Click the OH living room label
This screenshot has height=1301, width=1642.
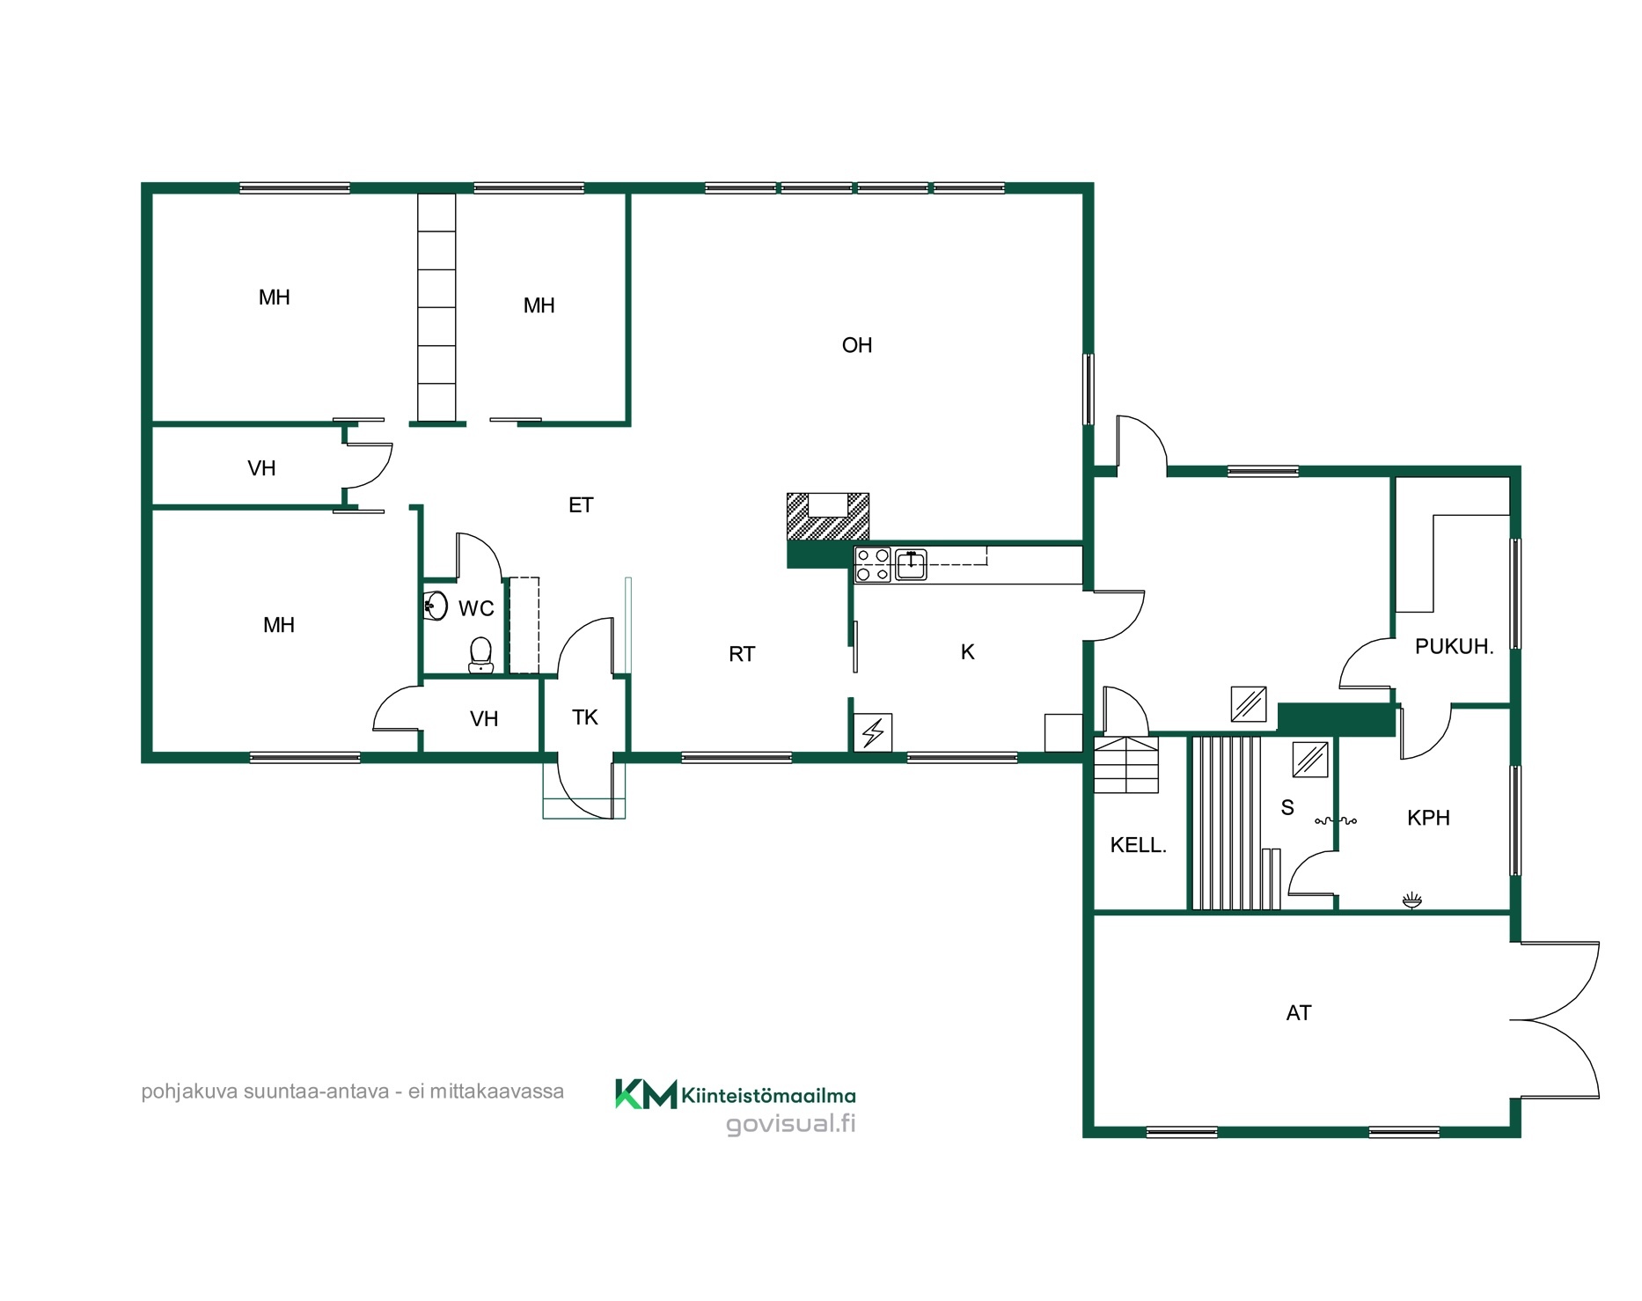pyautogui.click(x=857, y=345)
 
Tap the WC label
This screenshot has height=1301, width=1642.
pyautogui.click(x=476, y=608)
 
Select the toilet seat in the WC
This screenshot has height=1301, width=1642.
pyautogui.click(x=480, y=654)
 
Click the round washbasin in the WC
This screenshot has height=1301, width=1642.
pyautogui.click(x=436, y=606)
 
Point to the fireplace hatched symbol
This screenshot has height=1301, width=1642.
pyautogui.click(x=827, y=517)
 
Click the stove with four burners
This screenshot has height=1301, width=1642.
pyautogui.click(x=873, y=564)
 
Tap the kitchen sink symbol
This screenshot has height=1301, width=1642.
pyautogui.click(x=911, y=564)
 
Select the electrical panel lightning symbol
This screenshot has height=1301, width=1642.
pyautogui.click(x=874, y=732)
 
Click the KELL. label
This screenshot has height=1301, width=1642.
pyautogui.click(x=1138, y=846)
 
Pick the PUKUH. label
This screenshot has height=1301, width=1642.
pyautogui.click(x=1454, y=647)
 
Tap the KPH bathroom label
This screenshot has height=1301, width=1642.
pyautogui.click(x=1428, y=818)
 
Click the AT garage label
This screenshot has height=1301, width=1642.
pyautogui.click(x=1299, y=1013)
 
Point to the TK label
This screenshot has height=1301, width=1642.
pyautogui.click(x=585, y=717)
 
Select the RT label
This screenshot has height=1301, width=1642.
pyautogui.click(x=742, y=654)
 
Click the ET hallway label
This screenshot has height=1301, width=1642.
pyautogui.click(x=581, y=505)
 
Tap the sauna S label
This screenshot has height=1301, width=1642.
pyautogui.click(x=1287, y=808)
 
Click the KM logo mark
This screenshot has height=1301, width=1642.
pyautogui.click(x=646, y=1093)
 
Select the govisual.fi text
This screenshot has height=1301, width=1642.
pyautogui.click(x=790, y=1125)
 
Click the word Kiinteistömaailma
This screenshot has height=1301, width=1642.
pyautogui.click(x=769, y=1096)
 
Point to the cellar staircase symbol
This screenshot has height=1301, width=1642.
pyautogui.click(x=1126, y=765)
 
